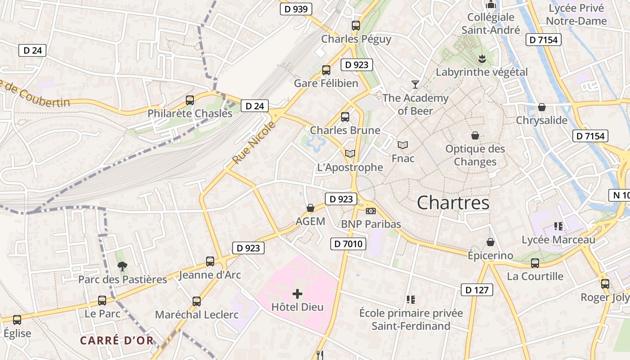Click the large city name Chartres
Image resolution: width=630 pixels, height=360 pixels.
tap(453, 203)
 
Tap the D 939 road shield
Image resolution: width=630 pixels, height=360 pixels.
tap(296, 9)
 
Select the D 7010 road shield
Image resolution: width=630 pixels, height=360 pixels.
tap(348, 244)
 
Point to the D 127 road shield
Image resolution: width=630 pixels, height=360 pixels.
tap(477, 290)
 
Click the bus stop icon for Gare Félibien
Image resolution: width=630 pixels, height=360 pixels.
tap(326, 70)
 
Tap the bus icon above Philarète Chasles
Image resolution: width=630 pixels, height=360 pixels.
tap(190, 100)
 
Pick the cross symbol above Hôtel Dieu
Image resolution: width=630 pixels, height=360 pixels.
tap(297, 294)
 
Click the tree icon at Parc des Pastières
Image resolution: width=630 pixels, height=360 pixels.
tap(122, 266)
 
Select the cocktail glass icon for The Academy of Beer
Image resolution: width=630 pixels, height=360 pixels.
tap(415, 84)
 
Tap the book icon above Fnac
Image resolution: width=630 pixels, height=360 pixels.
tap(403, 145)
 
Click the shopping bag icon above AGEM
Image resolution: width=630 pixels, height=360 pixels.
tap(310, 208)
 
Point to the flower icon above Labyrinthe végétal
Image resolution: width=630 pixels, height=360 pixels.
tap(481, 58)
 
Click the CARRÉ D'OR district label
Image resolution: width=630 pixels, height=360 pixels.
tap(117, 340)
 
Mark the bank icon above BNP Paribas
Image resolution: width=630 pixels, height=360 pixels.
tap(371, 211)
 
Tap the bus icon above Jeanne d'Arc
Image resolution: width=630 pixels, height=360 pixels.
tap(210, 261)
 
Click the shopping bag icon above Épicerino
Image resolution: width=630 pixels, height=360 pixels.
tap(490, 242)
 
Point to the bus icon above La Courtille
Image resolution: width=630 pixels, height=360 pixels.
tap(535, 263)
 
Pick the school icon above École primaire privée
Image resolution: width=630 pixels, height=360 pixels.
tap(410, 299)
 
